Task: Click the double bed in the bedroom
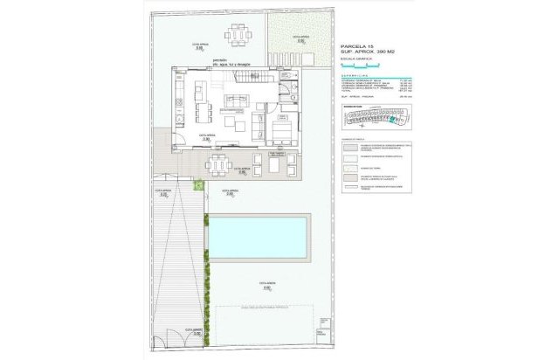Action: [281, 131]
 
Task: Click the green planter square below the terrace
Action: [199, 184]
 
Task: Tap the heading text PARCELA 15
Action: [356, 45]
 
